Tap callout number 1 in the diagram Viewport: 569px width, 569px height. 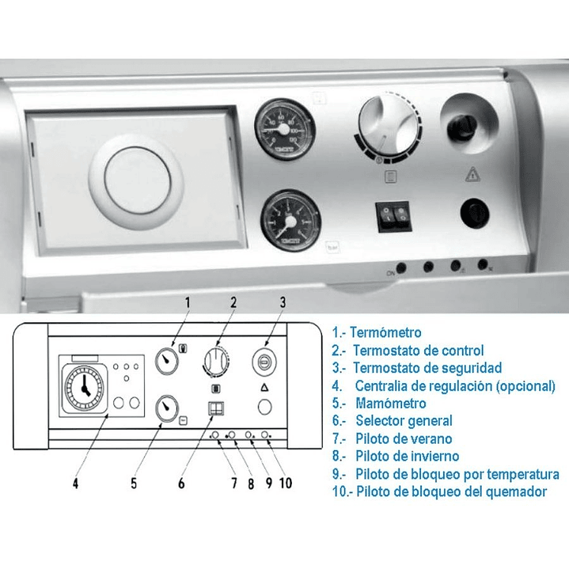188,302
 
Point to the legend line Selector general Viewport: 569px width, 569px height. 404,421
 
